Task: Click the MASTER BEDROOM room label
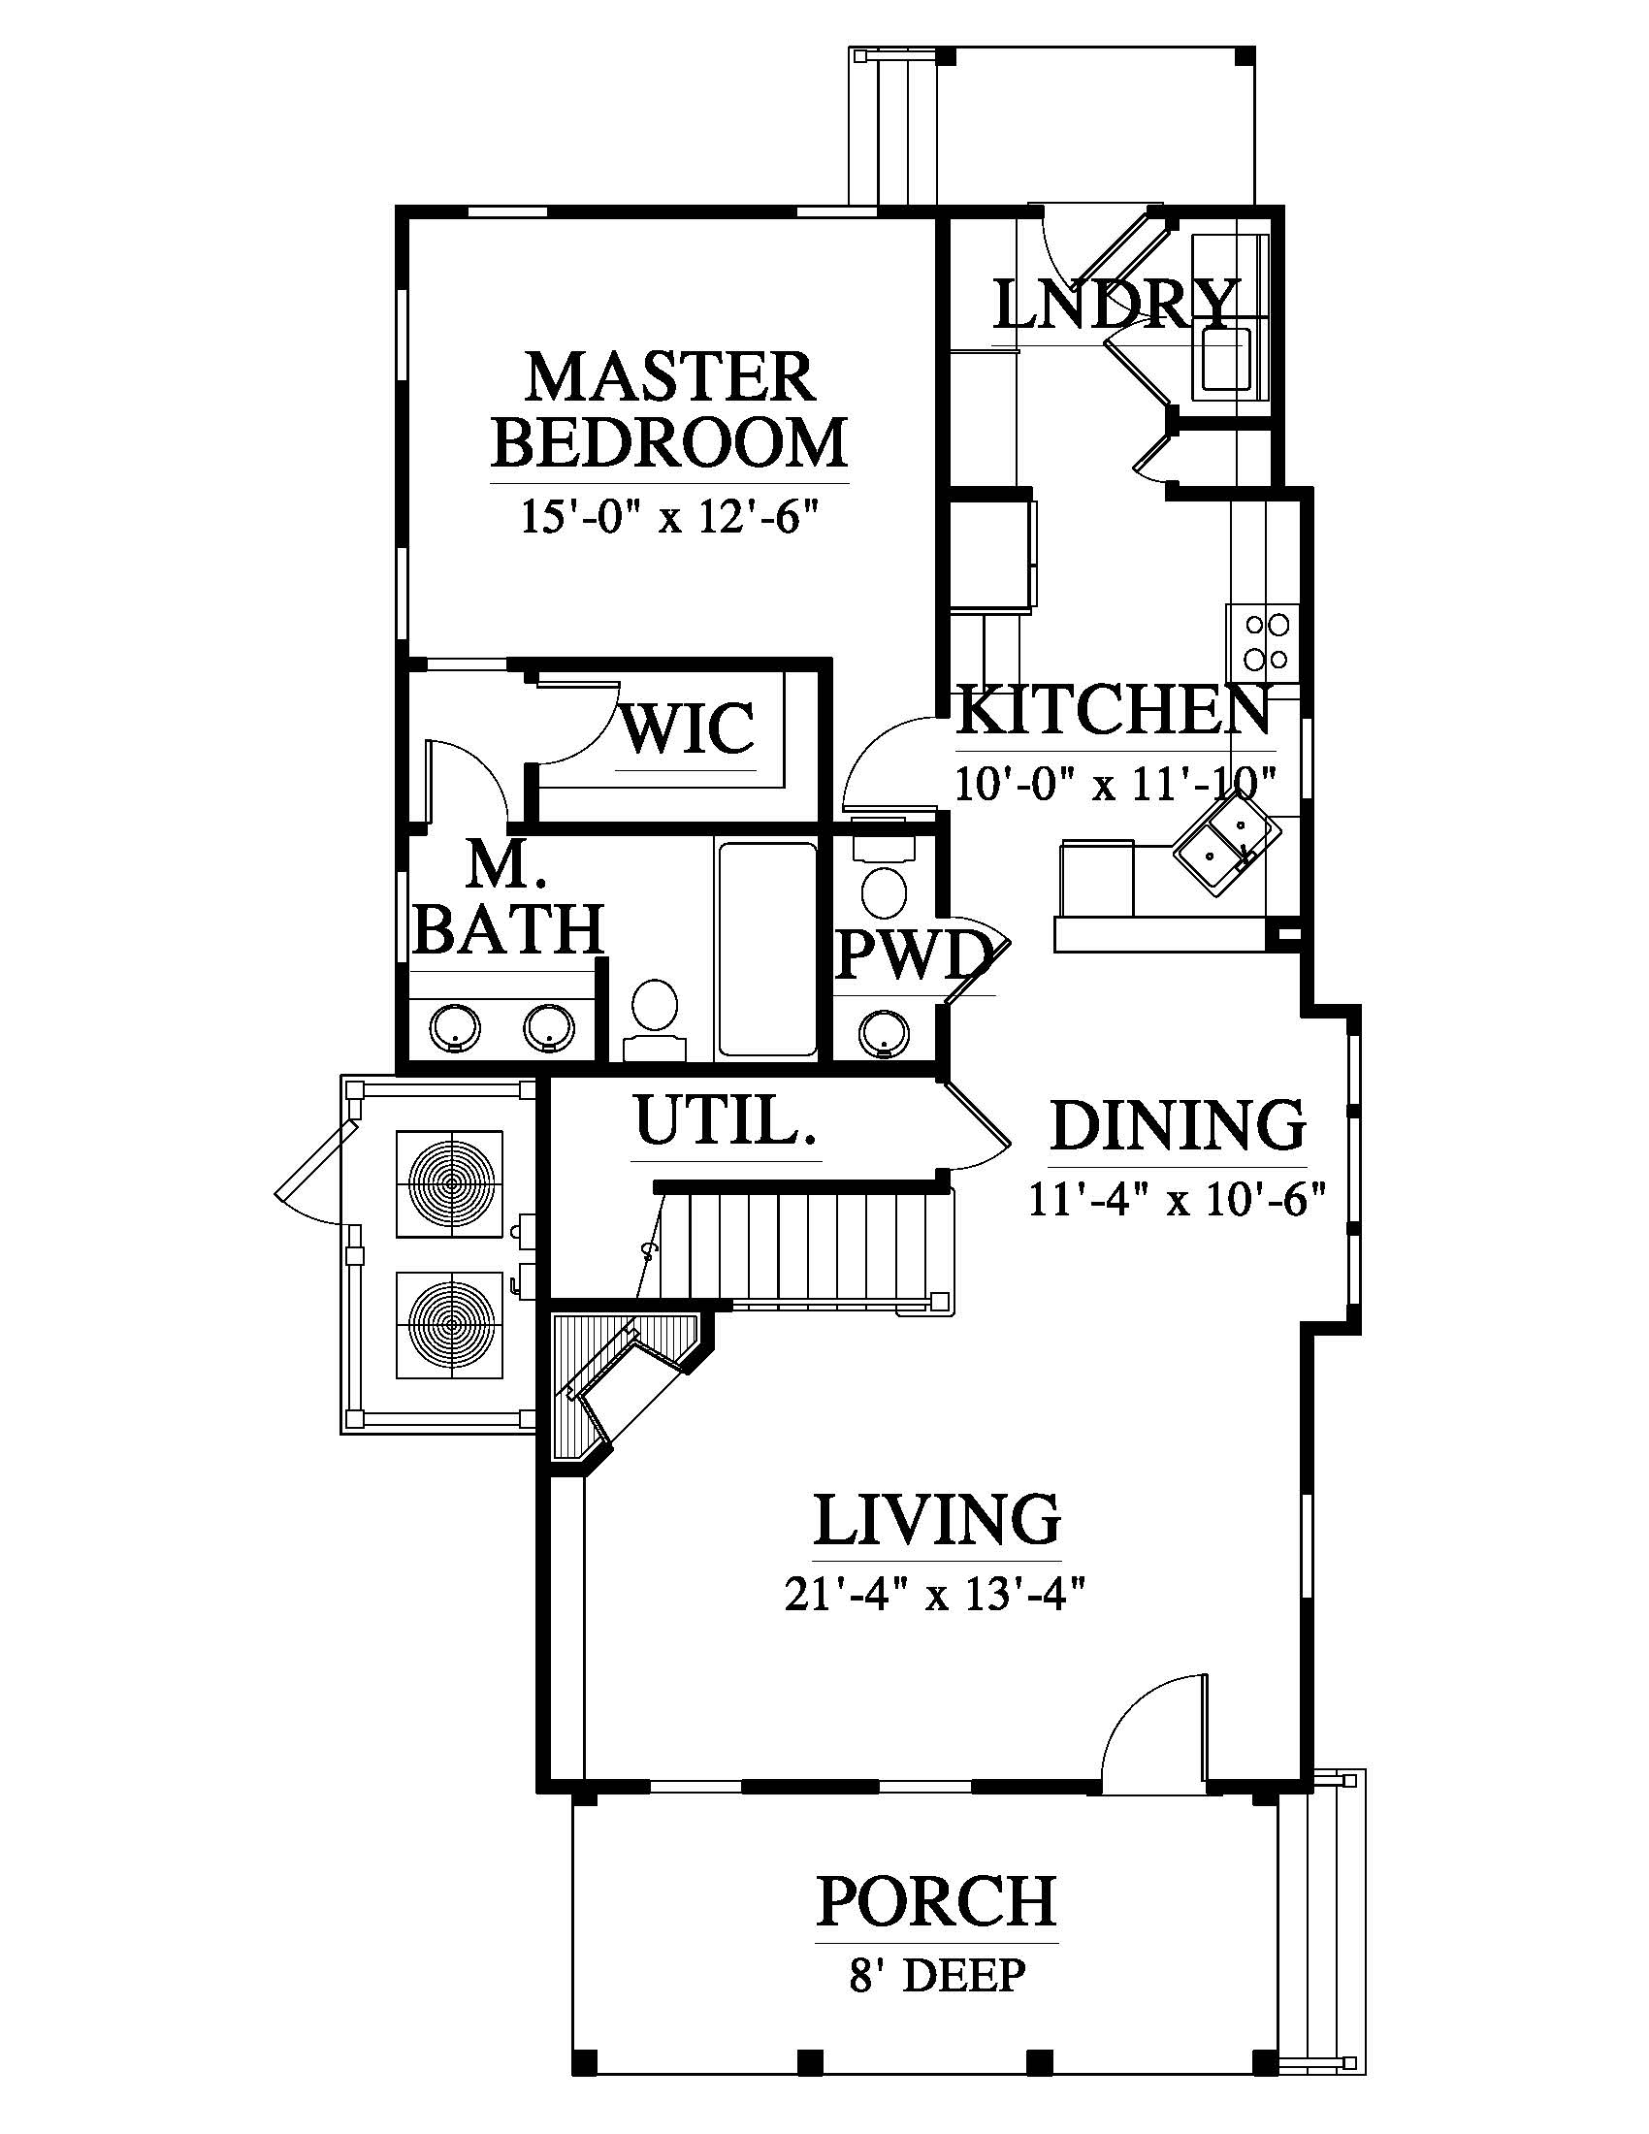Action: pos(669,409)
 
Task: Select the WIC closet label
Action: pos(688,727)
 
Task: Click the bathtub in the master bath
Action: pos(767,949)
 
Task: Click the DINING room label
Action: pos(1179,1125)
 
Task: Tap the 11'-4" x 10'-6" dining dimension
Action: pos(1178,1198)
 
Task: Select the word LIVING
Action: pos(937,1518)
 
